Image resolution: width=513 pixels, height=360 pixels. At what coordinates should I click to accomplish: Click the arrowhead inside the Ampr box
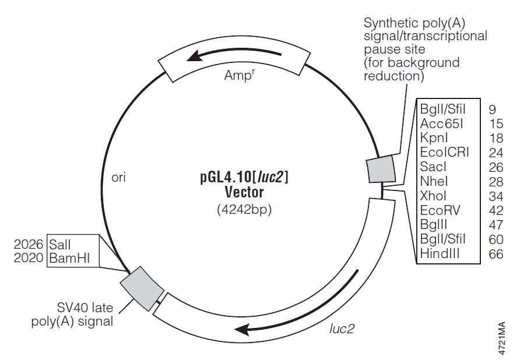197,56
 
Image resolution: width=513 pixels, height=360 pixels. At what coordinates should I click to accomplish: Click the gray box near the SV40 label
142,285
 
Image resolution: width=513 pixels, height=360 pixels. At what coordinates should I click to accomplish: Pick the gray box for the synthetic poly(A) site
380,170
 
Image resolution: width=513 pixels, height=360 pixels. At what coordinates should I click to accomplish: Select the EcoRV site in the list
440,210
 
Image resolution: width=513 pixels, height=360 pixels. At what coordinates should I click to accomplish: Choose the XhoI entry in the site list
433,195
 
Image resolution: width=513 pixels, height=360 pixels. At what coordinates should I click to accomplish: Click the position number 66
496,253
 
